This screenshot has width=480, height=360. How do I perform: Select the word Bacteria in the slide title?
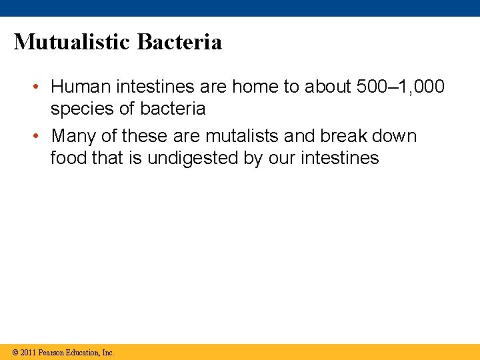[x=179, y=42]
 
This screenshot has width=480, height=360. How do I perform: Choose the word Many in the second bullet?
[x=73, y=136]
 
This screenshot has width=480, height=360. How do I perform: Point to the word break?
[x=345, y=136]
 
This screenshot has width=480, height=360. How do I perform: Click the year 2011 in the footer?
[x=28, y=353]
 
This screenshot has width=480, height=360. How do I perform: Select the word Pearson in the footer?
[x=53, y=353]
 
